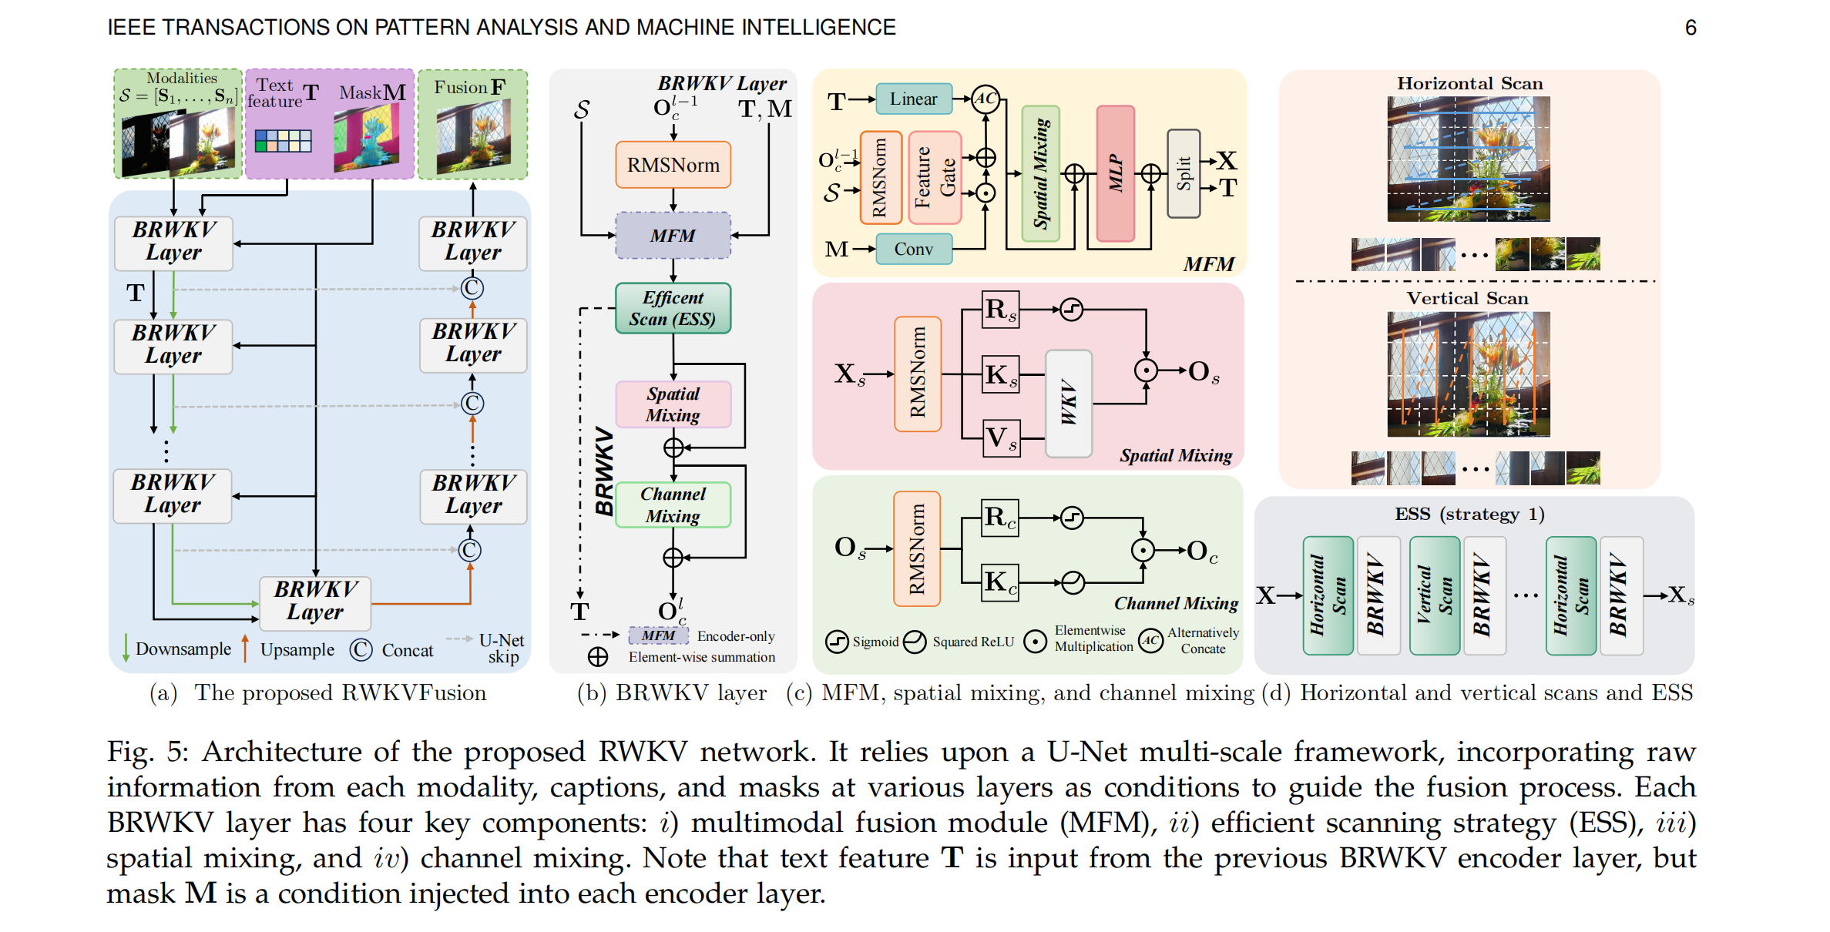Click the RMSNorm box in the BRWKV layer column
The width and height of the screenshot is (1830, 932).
(673, 165)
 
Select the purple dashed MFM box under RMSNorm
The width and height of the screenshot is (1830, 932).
(673, 236)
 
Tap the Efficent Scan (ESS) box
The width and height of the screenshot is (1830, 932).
(673, 308)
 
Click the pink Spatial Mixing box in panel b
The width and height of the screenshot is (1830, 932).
(673, 404)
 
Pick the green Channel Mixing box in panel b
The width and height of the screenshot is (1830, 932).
(673, 505)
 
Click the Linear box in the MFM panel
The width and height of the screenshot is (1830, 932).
(914, 99)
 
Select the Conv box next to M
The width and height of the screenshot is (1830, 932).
(914, 249)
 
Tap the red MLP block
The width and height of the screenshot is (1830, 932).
(1115, 174)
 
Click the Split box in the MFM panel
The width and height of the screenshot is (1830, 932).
(1184, 174)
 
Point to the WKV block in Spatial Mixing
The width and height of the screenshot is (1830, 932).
(1068, 403)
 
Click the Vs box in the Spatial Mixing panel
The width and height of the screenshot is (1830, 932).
(1001, 438)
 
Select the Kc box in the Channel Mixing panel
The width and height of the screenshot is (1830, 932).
(1000, 582)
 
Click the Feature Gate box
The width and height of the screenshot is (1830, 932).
(935, 178)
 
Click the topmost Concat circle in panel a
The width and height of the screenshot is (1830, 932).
(472, 288)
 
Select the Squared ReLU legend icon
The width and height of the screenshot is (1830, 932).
(915, 642)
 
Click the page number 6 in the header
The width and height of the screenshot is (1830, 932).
(1691, 28)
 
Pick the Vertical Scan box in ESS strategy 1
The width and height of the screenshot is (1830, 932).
(1434, 595)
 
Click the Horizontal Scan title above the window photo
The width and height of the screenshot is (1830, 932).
(1469, 83)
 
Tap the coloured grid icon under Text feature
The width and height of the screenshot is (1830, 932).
(283, 140)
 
